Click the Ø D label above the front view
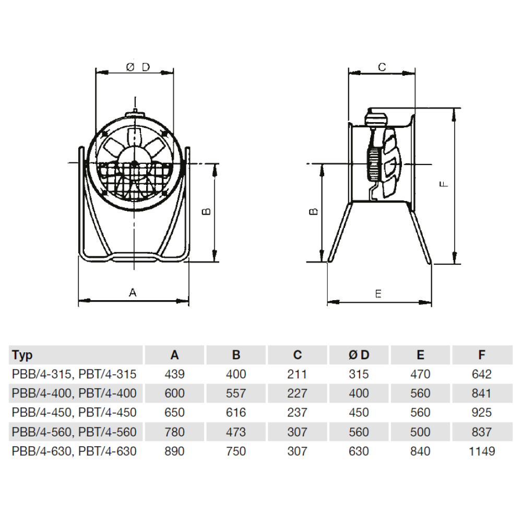click(x=138, y=67)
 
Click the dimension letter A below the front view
click(x=133, y=293)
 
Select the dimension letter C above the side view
click(x=382, y=67)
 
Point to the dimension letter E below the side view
click(x=378, y=293)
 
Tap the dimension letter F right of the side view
click(x=444, y=184)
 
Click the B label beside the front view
click(x=206, y=211)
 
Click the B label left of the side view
click(x=314, y=211)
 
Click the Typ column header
click(x=22, y=355)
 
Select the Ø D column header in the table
click(x=359, y=355)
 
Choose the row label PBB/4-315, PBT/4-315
click(x=74, y=374)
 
